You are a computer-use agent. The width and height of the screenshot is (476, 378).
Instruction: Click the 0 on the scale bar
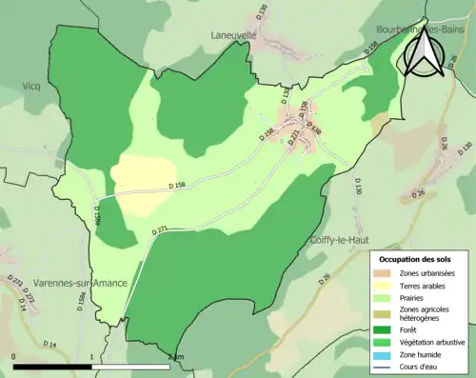(14, 357)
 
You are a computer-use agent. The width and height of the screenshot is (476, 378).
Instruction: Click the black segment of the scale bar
(52, 366)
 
